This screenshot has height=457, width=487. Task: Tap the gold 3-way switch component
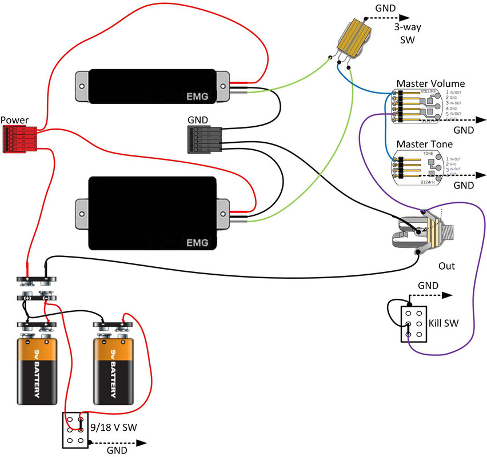pyautogui.click(x=351, y=41)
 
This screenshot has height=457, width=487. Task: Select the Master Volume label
pyautogui.click(x=430, y=83)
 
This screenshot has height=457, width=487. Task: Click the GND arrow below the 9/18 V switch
pyautogui.click(x=120, y=443)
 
